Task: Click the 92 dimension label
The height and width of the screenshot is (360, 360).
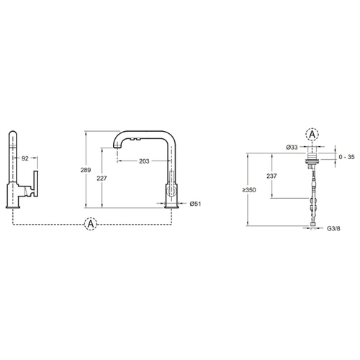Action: pos(25,158)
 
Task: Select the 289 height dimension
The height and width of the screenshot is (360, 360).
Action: pos(86,170)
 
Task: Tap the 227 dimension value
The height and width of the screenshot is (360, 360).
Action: pos(102,179)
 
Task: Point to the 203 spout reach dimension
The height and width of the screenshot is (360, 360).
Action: pos(144,161)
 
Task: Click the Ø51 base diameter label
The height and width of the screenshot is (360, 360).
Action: pos(195,204)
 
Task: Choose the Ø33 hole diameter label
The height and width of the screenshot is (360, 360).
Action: pos(292,147)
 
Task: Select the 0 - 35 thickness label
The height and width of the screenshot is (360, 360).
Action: pos(346,157)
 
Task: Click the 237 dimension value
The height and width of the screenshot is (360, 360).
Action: pos(271,176)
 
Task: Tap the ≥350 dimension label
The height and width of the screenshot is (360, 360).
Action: pos(249,190)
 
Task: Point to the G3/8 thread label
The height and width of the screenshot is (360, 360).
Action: pos(333,228)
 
